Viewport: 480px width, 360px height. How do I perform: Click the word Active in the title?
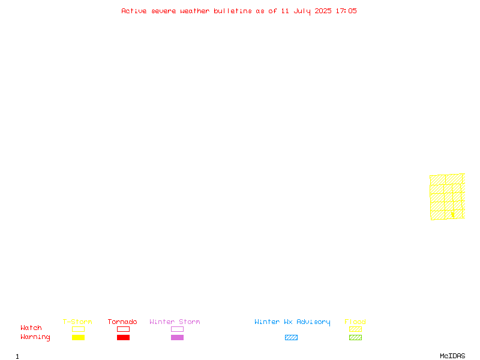click(x=134, y=11)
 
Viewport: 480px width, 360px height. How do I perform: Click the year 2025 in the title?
click(x=323, y=11)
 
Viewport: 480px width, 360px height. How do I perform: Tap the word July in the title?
click(x=302, y=11)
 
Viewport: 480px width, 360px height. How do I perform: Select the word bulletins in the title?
click(x=233, y=11)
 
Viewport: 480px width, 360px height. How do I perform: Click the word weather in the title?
click(x=194, y=11)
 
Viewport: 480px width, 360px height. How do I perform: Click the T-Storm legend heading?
click(x=77, y=322)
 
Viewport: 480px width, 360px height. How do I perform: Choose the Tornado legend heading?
click(x=122, y=322)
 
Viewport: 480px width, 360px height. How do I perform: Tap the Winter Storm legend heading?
click(x=175, y=322)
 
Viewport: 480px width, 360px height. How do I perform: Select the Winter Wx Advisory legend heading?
click(x=292, y=322)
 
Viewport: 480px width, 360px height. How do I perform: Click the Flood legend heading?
click(x=355, y=322)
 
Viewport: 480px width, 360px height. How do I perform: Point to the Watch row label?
click(x=31, y=328)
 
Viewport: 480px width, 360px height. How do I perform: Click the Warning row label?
click(x=35, y=337)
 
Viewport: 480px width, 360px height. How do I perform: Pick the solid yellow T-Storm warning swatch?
click(x=79, y=337)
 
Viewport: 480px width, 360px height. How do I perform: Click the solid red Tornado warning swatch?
click(x=124, y=337)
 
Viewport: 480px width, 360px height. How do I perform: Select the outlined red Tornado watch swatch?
click(x=124, y=326)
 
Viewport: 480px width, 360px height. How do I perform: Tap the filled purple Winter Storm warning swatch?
click(x=177, y=337)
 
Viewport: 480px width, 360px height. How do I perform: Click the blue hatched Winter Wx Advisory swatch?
click(x=291, y=337)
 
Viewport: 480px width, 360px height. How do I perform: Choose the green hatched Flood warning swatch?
click(x=355, y=337)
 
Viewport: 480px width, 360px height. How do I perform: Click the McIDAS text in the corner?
click(x=452, y=356)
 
